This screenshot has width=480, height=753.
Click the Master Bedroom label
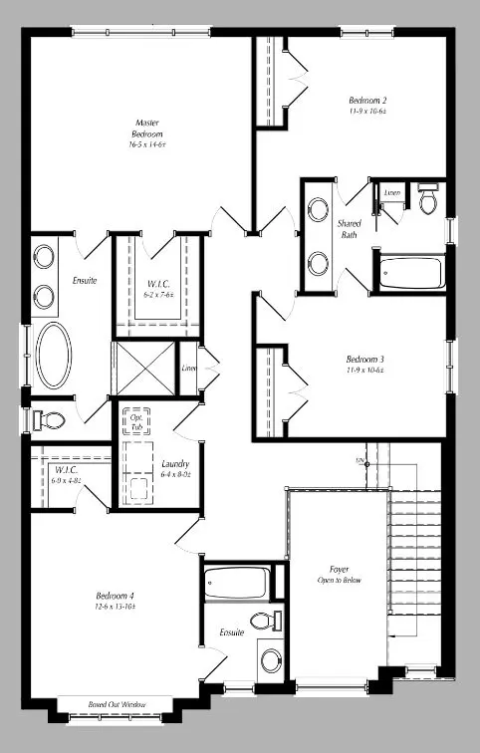(147, 133)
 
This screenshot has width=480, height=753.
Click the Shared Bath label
(350, 229)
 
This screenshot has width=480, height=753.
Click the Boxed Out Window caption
(117, 704)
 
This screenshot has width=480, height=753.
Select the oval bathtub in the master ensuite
(54, 356)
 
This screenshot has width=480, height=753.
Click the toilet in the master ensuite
(50, 418)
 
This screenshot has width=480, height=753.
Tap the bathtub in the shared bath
(410, 271)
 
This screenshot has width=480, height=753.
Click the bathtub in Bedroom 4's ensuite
(236, 582)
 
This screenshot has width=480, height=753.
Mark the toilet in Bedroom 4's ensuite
(262, 622)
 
